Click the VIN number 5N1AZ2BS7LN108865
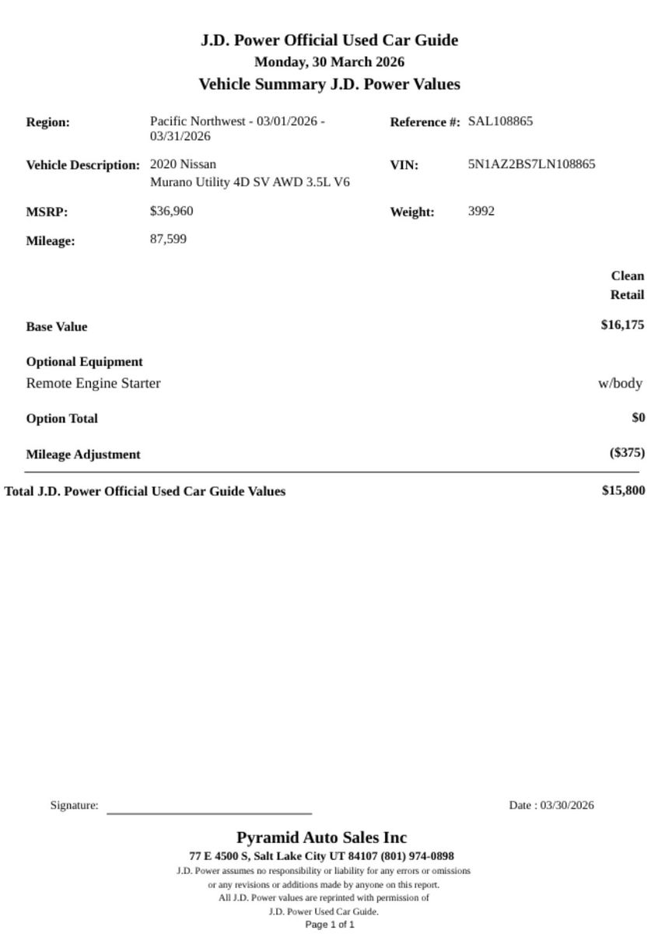(531, 164)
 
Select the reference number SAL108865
(500, 121)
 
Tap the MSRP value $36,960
(171, 211)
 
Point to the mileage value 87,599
(168, 239)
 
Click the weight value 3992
(481, 211)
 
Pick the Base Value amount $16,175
(621, 325)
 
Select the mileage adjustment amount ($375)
(626, 453)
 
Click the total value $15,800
(622, 490)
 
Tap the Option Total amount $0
(638, 418)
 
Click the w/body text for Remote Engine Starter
(620, 383)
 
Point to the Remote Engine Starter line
(93, 383)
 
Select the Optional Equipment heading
(84, 362)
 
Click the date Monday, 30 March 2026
(329, 61)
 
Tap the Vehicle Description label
(82, 166)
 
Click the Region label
(47, 122)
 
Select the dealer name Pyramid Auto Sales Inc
(321, 838)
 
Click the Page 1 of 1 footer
(329, 925)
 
